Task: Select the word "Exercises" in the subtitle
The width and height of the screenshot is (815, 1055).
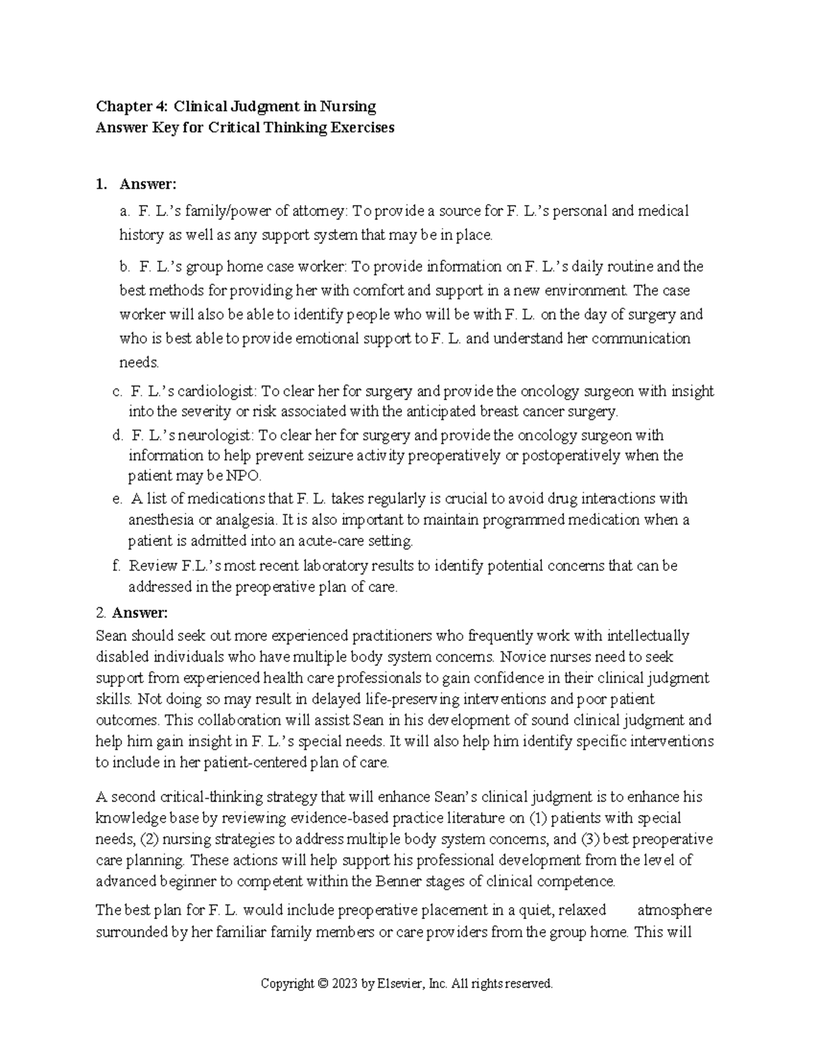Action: tap(362, 128)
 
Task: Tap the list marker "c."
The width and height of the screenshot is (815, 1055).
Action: tap(117, 391)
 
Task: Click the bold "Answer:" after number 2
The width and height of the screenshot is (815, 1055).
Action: tap(139, 613)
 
